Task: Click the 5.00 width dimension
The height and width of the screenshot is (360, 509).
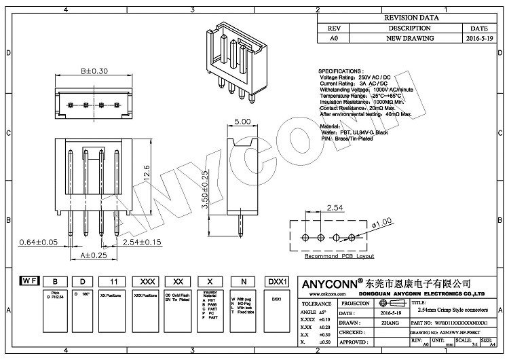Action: pyautogui.click(x=244, y=122)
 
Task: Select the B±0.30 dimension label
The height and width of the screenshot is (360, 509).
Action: pyautogui.click(x=94, y=71)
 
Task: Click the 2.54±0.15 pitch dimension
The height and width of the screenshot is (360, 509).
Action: pyautogui.click(x=136, y=242)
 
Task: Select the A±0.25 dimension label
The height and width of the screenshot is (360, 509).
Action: pyautogui.click(x=94, y=255)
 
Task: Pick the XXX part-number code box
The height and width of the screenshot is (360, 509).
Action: pyautogui.click(x=145, y=281)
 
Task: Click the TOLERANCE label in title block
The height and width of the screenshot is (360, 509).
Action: pyautogui.click(x=316, y=304)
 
